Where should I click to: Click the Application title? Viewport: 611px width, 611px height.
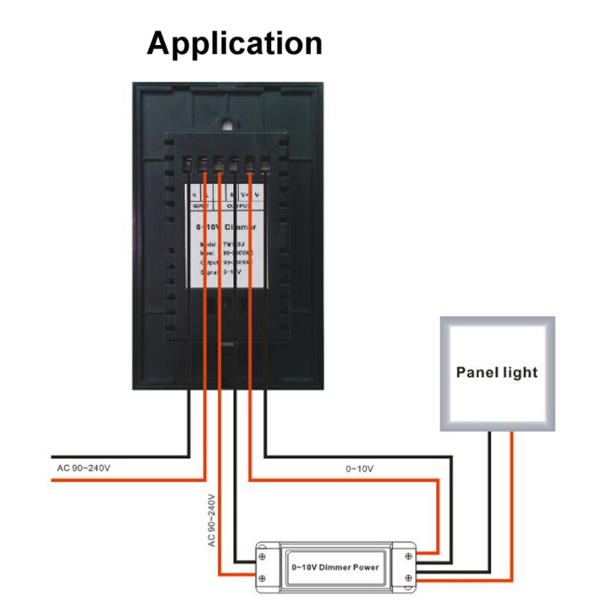234,43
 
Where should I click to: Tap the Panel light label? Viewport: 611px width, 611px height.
496,373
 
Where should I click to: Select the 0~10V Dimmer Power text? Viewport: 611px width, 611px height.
335,567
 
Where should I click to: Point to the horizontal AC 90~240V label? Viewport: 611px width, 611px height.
89,467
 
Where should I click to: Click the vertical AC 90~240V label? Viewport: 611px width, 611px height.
212,519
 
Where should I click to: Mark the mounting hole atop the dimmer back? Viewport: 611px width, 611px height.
227,121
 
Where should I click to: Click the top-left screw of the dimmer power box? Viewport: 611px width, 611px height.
262,555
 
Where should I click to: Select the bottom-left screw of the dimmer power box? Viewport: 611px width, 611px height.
262,578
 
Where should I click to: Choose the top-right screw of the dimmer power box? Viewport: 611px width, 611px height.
409,555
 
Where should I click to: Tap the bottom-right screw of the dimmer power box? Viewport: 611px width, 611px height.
409,578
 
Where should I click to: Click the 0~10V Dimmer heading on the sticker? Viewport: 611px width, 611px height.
227,228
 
